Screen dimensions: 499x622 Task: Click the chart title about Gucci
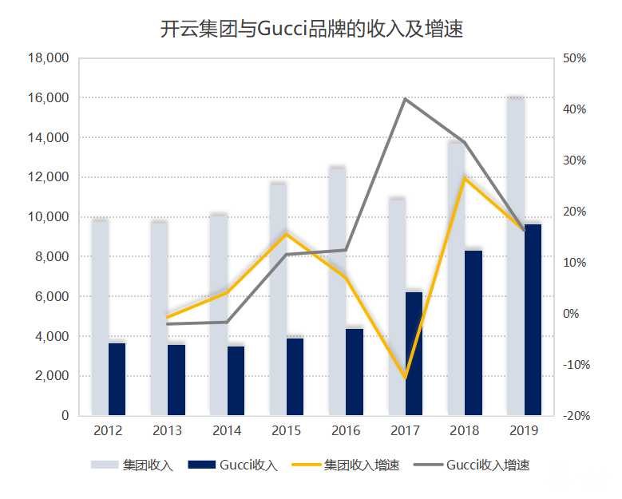(311, 29)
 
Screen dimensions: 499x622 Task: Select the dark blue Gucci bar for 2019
(533, 319)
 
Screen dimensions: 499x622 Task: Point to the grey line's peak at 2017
(406, 99)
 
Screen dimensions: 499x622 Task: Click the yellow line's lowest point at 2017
(406, 378)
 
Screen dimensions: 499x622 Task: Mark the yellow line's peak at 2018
(465, 178)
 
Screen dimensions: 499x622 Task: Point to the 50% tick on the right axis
(574, 58)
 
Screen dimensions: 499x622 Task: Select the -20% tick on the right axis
(576, 416)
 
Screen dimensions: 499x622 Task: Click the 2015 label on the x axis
(287, 431)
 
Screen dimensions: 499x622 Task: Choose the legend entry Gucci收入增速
(488, 465)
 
